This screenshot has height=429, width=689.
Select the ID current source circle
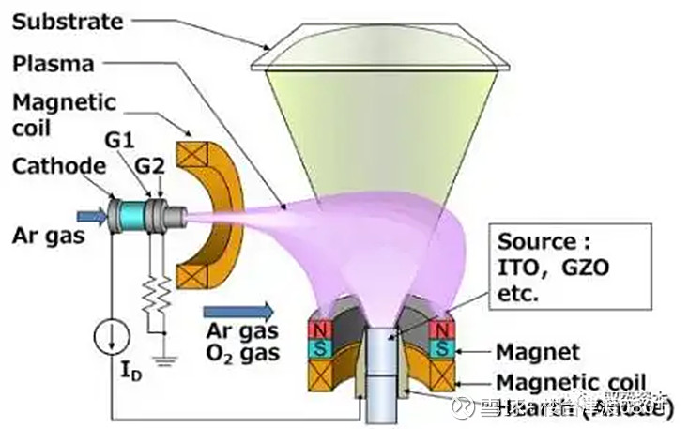click(x=111, y=333)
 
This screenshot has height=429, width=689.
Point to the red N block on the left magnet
click(x=322, y=331)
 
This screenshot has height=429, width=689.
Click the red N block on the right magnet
click(x=438, y=331)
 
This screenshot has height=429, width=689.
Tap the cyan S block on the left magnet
click(x=322, y=348)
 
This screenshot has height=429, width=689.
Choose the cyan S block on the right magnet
click(x=438, y=348)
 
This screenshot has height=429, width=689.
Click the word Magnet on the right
click(x=536, y=352)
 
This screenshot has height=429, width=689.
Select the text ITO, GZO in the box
click(x=553, y=267)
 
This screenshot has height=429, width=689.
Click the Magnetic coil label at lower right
click(x=571, y=382)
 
